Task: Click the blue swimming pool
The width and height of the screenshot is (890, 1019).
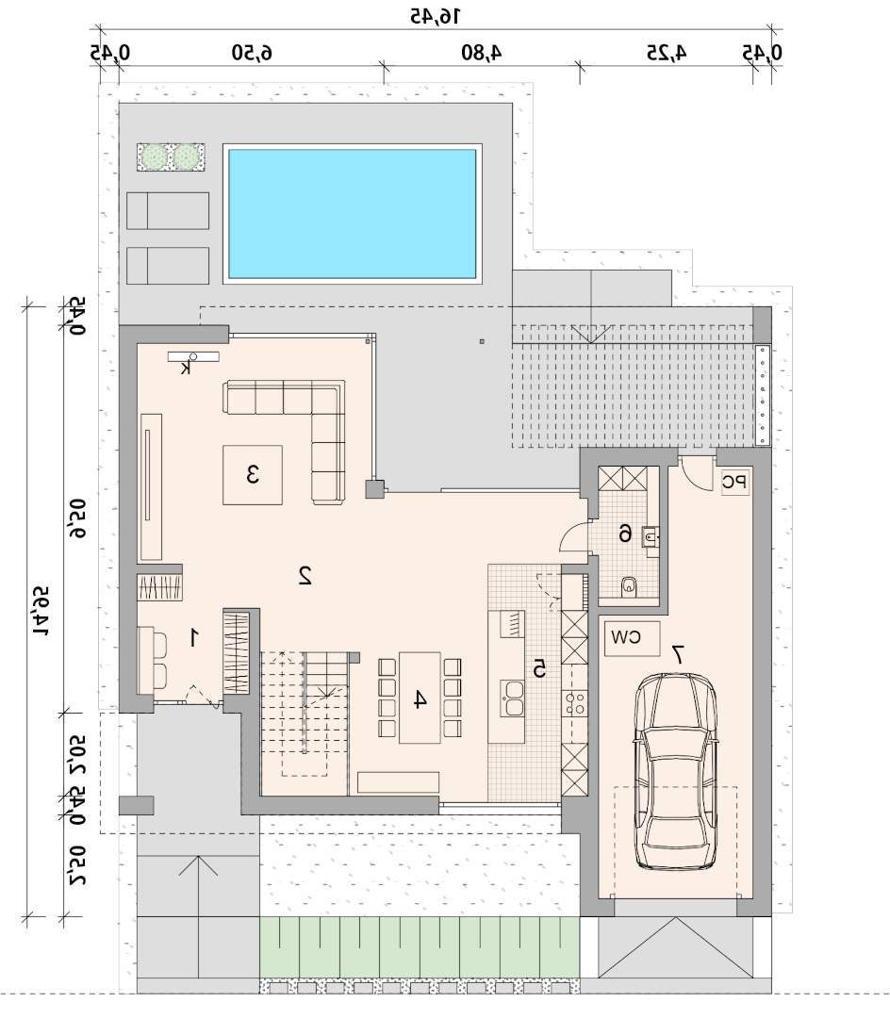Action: click(x=353, y=214)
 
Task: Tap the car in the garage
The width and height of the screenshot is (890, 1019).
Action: click(x=676, y=771)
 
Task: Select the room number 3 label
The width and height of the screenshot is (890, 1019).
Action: click(x=253, y=474)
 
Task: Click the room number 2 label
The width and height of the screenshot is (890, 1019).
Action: click(x=305, y=575)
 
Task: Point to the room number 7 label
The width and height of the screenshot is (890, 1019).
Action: click(x=678, y=654)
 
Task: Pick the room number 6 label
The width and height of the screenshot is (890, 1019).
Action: click(x=625, y=534)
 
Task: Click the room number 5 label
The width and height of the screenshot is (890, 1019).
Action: click(x=539, y=668)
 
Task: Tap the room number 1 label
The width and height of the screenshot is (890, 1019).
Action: click(x=193, y=637)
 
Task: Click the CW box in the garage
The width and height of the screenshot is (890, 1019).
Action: click(x=632, y=638)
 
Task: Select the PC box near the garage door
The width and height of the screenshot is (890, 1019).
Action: click(x=735, y=482)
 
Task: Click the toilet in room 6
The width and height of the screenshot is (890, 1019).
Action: click(x=629, y=586)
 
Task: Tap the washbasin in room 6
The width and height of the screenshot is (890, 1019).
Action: click(x=650, y=536)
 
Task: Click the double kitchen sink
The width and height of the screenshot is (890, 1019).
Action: click(x=512, y=698)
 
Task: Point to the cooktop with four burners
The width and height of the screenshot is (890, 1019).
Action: click(x=575, y=702)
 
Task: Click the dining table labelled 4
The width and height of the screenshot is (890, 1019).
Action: click(x=420, y=698)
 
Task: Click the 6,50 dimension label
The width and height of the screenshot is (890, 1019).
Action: click(x=253, y=52)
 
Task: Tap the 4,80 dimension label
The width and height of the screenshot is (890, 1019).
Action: click(x=482, y=52)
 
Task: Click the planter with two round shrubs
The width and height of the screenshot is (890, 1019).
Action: click(x=171, y=157)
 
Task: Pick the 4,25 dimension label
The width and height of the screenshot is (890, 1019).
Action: click(x=667, y=52)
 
